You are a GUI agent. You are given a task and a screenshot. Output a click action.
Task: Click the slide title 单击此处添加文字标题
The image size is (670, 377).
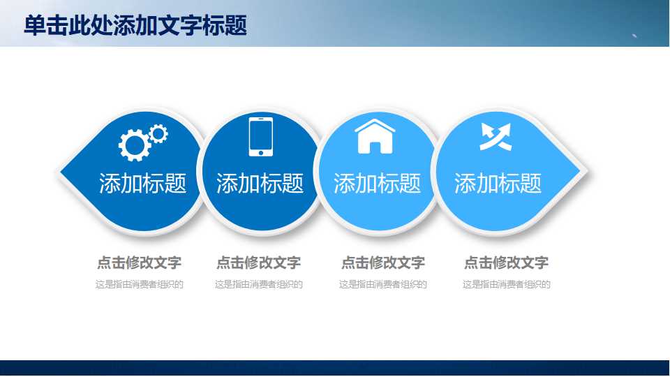135,26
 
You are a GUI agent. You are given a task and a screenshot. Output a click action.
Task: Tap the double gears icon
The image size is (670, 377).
142,142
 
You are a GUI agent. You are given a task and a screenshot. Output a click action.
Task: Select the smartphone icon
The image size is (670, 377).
261,137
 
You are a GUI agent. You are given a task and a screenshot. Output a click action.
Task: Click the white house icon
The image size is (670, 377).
375,135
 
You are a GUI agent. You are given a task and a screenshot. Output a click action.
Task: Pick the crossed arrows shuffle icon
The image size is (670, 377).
496,136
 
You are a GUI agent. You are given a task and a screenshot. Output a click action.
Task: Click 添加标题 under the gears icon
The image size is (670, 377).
142,184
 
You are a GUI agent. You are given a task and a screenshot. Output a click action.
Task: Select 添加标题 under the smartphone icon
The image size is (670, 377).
260,184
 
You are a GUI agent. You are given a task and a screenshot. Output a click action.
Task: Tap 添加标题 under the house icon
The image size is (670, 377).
377,184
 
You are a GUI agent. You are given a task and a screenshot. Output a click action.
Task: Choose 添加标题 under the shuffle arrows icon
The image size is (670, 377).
498,184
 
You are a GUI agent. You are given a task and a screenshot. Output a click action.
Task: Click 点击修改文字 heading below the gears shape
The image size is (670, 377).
139,263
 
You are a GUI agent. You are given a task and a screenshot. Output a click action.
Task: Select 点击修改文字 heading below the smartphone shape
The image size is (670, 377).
258,263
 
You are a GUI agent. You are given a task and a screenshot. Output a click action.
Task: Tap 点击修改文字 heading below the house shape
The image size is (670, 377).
382,263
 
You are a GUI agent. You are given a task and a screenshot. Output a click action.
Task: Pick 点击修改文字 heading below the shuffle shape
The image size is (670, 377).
506,263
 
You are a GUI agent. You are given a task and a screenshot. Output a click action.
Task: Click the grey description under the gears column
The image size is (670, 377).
139,284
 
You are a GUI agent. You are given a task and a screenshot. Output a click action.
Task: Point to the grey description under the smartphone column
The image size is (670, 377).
258,284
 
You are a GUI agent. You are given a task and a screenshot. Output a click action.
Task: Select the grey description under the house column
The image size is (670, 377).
382,284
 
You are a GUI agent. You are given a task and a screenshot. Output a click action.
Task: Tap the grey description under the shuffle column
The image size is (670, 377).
506,284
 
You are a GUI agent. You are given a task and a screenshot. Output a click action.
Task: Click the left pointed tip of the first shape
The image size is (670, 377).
64,171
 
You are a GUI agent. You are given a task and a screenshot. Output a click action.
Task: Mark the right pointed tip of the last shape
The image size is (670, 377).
579,171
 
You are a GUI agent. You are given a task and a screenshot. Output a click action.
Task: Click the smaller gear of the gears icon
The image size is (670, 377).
158,133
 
